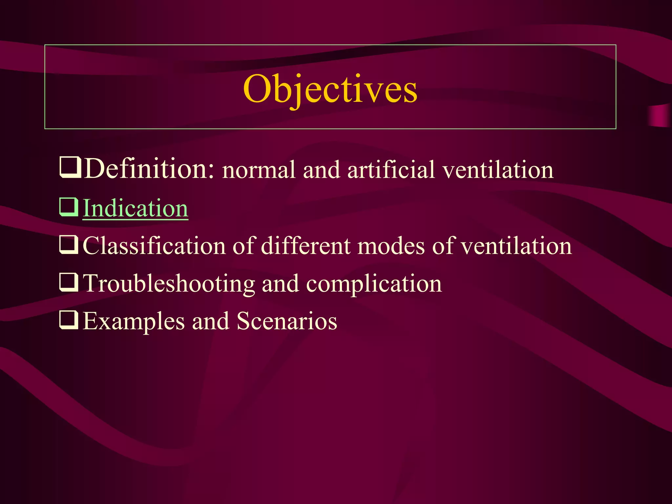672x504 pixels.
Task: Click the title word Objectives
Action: click(330, 89)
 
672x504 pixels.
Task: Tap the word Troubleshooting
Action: click(169, 283)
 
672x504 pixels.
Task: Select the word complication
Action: click(374, 284)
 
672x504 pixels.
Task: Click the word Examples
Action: click(134, 322)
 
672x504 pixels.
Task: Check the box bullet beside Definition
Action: click(70, 167)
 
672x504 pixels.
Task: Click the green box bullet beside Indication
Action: click(69, 207)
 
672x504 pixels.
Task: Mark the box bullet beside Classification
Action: click(69, 245)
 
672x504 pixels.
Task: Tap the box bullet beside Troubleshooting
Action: click(69, 283)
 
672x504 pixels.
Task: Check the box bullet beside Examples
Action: click(69, 320)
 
